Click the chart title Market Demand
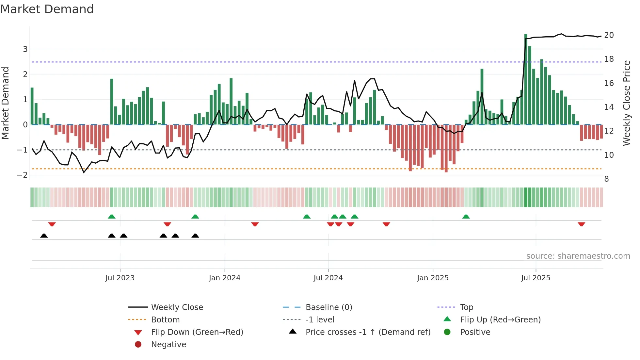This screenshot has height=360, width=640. pyautogui.click(x=47, y=9)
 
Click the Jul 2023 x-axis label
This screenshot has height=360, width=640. pyautogui.click(x=120, y=278)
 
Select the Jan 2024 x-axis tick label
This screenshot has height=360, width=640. pyautogui.click(x=225, y=278)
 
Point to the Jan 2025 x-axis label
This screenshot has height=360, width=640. pyautogui.click(x=433, y=278)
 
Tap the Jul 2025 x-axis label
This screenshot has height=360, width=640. pyautogui.click(x=536, y=278)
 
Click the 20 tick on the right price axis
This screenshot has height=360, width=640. pyautogui.click(x=609, y=35)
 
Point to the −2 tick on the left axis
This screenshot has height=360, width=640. pyautogui.click(x=22, y=175)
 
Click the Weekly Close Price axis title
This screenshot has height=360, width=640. pyautogui.click(x=626, y=103)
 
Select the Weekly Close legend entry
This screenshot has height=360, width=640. pyautogui.click(x=177, y=307)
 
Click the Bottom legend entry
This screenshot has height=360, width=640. pyautogui.click(x=165, y=320)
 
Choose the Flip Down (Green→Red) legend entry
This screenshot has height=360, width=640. pyautogui.click(x=197, y=332)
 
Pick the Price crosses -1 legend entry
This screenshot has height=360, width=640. pyautogui.click(x=368, y=332)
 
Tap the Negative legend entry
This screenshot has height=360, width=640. pyautogui.click(x=168, y=345)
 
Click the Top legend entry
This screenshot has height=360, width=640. pyautogui.click(x=466, y=307)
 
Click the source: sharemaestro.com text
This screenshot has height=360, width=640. pyautogui.click(x=578, y=256)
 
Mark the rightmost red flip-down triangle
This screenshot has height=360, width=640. pyautogui.click(x=581, y=224)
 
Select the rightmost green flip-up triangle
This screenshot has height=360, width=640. pyautogui.click(x=466, y=217)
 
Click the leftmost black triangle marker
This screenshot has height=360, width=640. pyautogui.click(x=44, y=236)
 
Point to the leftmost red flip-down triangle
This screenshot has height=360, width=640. pyautogui.click(x=52, y=224)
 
